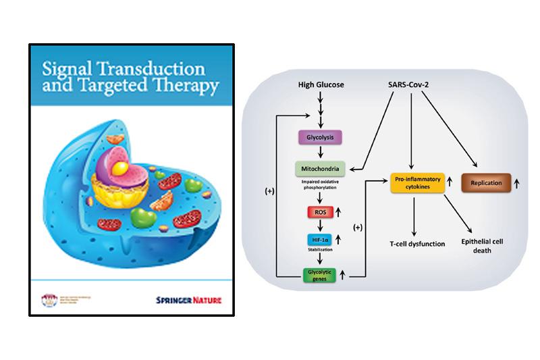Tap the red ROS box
coord(321,213)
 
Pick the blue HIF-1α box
coord(321,240)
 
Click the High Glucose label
coord(321,86)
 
